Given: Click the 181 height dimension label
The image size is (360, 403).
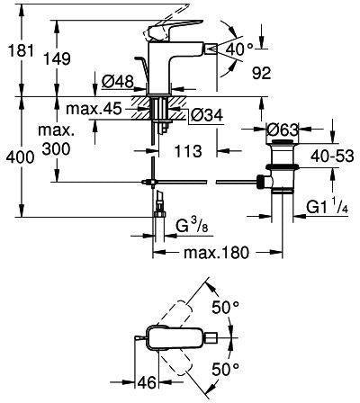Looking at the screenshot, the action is pyautogui.click(x=21, y=50).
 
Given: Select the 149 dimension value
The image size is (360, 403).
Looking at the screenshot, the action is pyautogui.click(x=58, y=58).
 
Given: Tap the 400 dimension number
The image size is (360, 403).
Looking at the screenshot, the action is pyautogui.click(x=20, y=157).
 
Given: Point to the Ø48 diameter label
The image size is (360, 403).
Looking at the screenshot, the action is pyautogui.click(x=117, y=81).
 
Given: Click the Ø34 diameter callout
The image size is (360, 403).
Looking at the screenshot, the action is pyautogui.click(x=207, y=115).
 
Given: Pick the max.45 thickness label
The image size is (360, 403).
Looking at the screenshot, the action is pyautogui.click(x=94, y=109).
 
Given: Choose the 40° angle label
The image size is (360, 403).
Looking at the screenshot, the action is pyautogui.click(x=239, y=49).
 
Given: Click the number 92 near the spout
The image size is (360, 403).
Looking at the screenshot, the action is pyautogui.click(x=261, y=73).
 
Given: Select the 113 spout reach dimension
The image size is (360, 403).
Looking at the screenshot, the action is pyautogui.click(x=188, y=151).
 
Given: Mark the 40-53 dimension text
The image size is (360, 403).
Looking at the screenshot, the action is pyautogui.click(x=332, y=157).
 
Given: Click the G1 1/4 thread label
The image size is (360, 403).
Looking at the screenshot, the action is pyautogui.click(x=327, y=207).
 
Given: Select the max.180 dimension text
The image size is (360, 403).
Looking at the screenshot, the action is pyautogui.click(x=216, y=253).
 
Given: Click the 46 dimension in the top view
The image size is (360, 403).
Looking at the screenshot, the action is pyautogui.click(x=147, y=382).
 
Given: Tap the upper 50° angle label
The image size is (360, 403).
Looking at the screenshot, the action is pyautogui.click(x=225, y=307).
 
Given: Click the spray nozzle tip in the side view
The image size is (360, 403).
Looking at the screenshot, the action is pyautogui.click(x=212, y=48).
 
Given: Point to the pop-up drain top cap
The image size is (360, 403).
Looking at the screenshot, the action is pyautogui.click(x=283, y=141).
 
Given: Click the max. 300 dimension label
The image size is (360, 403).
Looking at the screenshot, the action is pyautogui.click(x=56, y=140).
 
